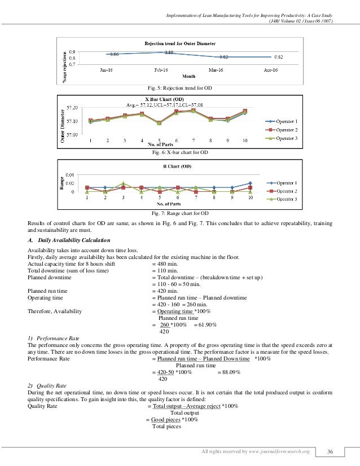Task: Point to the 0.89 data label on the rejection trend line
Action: (x=169, y=52)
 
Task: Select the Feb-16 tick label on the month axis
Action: (x=169, y=70)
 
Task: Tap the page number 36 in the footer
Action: (x=332, y=451)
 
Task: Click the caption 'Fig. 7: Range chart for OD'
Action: (x=180, y=213)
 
